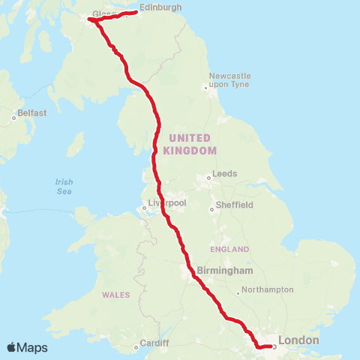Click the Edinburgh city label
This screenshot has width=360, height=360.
click(x=160, y=7)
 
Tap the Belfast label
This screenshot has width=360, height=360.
click(x=33, y=113)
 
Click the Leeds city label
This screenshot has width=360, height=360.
click(x=225, y=173)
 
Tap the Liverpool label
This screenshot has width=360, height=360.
click(x=166, y=203)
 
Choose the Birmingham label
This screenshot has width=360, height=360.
click(x=226, y=270)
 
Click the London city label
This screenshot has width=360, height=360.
click(x=298, y=340)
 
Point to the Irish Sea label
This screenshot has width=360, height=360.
click(x=64, y=186)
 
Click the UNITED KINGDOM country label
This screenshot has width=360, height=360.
click(x=193, y=144)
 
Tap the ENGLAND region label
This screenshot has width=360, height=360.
click(x=229, y=249)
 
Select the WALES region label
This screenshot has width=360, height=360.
click(x=116, y=294)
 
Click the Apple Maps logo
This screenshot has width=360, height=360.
click(x=28, y=348)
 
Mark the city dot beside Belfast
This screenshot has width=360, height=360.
click(x=14, y=118)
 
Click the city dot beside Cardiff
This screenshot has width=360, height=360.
click(x=136, y=346)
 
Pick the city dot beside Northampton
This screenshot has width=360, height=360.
click(x=238, y=292)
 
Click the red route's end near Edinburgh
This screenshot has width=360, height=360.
click(x=136, y=12)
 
